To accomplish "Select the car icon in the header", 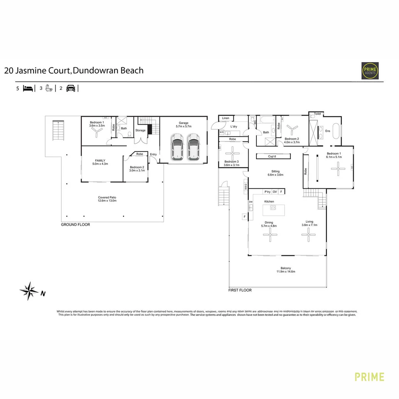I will [x=71, y=88].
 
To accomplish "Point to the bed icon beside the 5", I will [x=28, y=88].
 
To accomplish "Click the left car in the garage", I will [x=177, y=147].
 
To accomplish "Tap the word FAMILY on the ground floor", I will [x=100, y=160].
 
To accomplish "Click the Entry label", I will [x=153, y=154].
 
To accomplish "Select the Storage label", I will [x=140, y=130].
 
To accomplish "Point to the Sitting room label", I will [x=276, y=171].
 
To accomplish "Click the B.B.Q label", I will [x=245, y=187].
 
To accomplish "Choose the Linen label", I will [x=226, y=118].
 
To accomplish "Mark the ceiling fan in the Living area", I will [x=308, y=234].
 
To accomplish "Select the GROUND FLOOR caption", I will [x=75, y=225].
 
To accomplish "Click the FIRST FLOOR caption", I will [x=240, y=290].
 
